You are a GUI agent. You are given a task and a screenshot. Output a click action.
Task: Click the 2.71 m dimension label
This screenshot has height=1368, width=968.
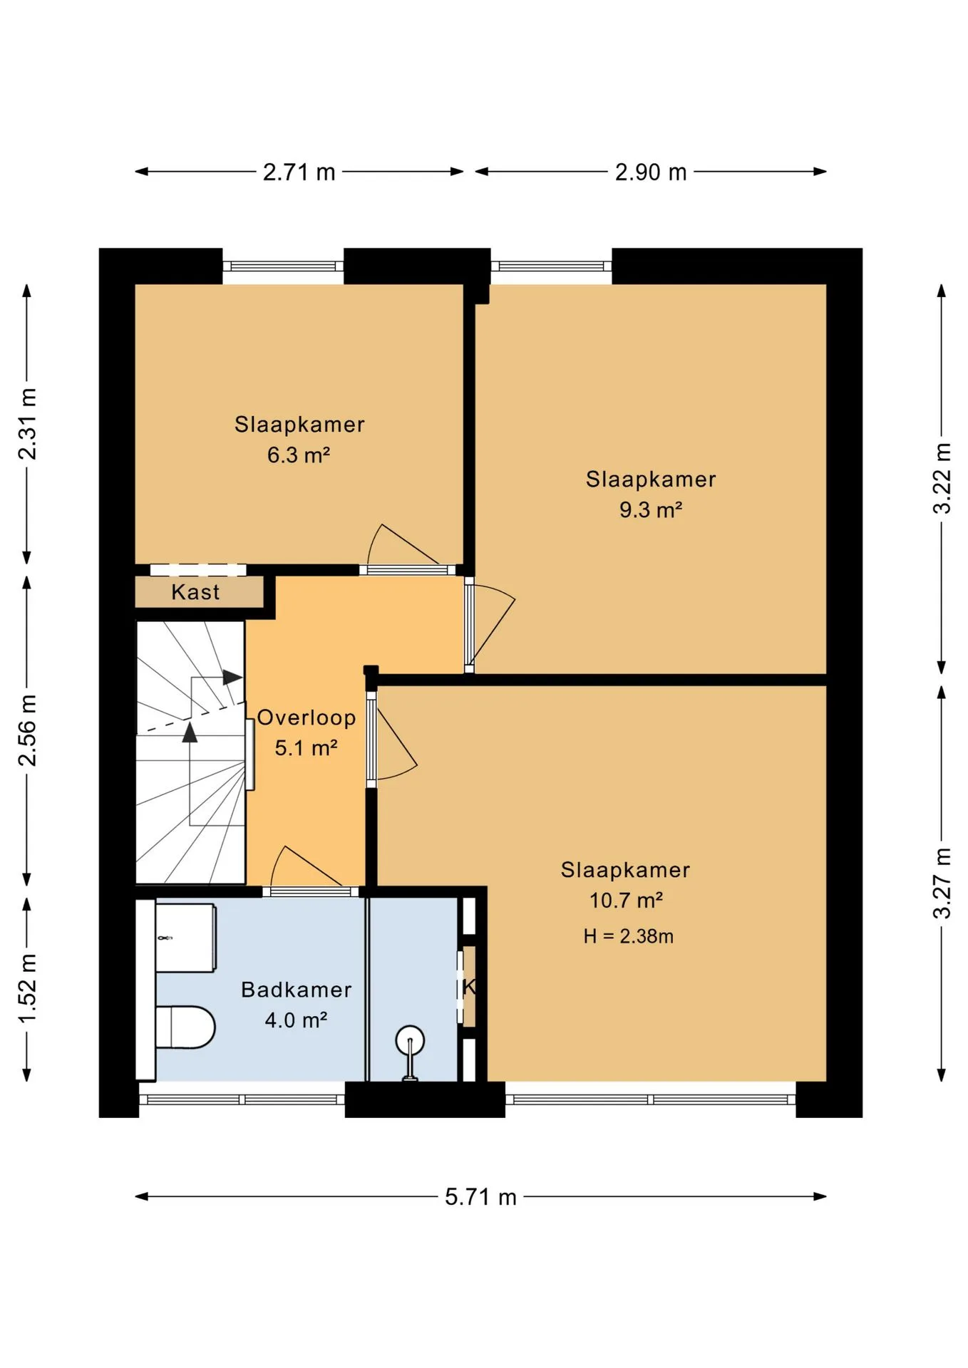pos(299,172)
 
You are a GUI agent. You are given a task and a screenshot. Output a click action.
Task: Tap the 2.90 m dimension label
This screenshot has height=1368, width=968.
pos(651,172)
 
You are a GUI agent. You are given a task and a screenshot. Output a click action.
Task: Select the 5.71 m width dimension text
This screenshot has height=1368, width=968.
pos(480,1197)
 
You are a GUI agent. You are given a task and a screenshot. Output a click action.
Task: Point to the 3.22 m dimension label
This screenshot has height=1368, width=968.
pos(942,478)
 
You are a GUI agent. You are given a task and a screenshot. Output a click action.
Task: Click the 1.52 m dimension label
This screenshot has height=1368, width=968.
pos(27,988)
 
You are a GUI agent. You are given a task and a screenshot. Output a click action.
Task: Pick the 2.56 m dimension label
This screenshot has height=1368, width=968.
pos(27,730)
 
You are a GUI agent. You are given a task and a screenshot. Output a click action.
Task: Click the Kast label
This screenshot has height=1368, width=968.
pos(195,592)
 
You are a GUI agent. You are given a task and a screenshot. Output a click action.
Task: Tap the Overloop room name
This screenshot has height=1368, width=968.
pos(307,717)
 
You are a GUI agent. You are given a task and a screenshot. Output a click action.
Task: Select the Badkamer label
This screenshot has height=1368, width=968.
pos(297,990)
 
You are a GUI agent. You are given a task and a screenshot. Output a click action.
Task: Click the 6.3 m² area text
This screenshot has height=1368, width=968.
pos(299,455)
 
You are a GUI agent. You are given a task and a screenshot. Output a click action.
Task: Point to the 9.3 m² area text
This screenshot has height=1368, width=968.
pos(651,509)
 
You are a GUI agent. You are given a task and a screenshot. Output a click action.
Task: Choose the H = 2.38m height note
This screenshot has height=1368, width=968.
pos(628,936)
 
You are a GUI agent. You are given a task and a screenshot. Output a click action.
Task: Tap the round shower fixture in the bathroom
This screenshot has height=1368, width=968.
pos(410,1040)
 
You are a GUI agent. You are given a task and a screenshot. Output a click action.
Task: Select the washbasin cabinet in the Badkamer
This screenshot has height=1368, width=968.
pos(185,938)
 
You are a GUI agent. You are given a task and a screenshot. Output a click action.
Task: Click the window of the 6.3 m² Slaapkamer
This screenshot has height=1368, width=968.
pos(283,266)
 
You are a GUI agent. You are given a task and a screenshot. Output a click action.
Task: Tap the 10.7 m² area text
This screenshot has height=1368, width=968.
pos(626,901)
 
